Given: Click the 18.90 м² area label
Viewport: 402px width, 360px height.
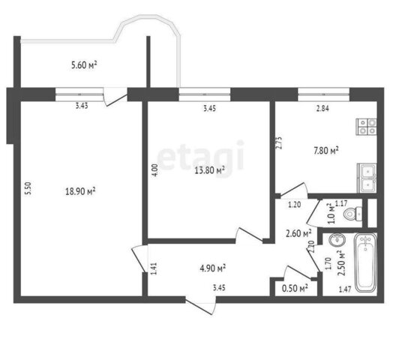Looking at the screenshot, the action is pos(80,191).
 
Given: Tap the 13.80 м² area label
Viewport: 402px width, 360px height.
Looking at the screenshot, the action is pos(210,169).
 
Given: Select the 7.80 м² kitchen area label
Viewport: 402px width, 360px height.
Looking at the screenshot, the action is pos(326,150).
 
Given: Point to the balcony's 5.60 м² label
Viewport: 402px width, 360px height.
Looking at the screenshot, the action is pos(84,64).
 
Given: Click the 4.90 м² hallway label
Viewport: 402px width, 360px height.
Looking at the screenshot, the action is pos(212,268).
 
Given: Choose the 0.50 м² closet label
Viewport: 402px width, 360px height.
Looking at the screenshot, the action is pos(295,289).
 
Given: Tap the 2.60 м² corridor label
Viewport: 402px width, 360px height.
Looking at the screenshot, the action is pos(298,233).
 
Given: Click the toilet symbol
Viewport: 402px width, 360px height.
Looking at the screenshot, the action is pos(352,213).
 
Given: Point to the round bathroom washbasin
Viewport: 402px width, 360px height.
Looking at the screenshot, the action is pos(337,240).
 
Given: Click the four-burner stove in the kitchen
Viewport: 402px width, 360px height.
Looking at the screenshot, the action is pos(366,127).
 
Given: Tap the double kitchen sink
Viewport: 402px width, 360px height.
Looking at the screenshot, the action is pos(367,178).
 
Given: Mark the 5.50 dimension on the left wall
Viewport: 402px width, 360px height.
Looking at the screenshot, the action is pos(28,188).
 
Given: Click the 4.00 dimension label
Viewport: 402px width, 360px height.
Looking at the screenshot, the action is pos(154,169).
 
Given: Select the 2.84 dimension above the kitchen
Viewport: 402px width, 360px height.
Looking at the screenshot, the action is pos(322,109).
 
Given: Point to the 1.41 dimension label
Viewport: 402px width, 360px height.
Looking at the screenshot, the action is pos(154,268).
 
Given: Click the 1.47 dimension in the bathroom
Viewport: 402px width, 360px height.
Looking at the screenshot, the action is pos(345,289).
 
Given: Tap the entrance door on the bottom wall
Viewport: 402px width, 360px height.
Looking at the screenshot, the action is pos(201,306).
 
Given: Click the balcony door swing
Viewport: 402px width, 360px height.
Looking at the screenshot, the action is pos(115,96).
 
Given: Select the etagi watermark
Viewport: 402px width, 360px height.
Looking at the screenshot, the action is pos(200,157).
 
